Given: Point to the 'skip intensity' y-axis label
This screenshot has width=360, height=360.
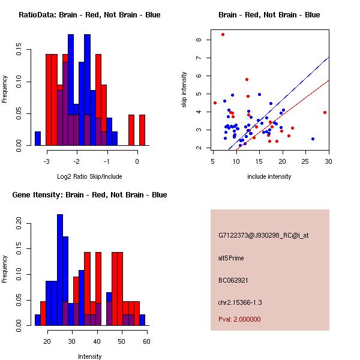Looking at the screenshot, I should point(184,90).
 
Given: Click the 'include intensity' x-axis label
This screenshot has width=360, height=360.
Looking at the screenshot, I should point(269,176).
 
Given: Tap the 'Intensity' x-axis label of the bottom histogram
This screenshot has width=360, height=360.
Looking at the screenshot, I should point(89,356).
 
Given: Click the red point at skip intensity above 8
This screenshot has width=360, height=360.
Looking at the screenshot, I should point(223,34).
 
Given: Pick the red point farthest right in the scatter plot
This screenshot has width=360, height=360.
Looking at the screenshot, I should point(325,112).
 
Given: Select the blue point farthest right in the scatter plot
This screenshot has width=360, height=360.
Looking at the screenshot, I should point(313,139).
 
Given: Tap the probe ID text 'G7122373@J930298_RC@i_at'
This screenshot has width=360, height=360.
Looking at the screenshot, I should point(263,236).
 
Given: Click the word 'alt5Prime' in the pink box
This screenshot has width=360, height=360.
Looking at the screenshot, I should point(231,259).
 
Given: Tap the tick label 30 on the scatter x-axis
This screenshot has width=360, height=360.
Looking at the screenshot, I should point(329,161).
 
